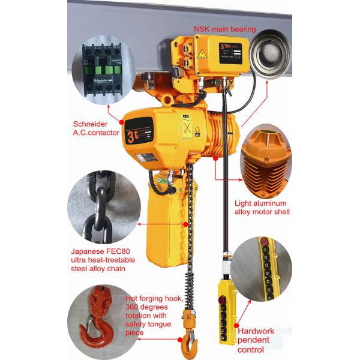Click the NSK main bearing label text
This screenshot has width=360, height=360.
pos(224,28)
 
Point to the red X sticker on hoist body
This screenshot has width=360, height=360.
pos(187,128)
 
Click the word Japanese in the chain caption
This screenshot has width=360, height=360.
pos(88,251)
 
